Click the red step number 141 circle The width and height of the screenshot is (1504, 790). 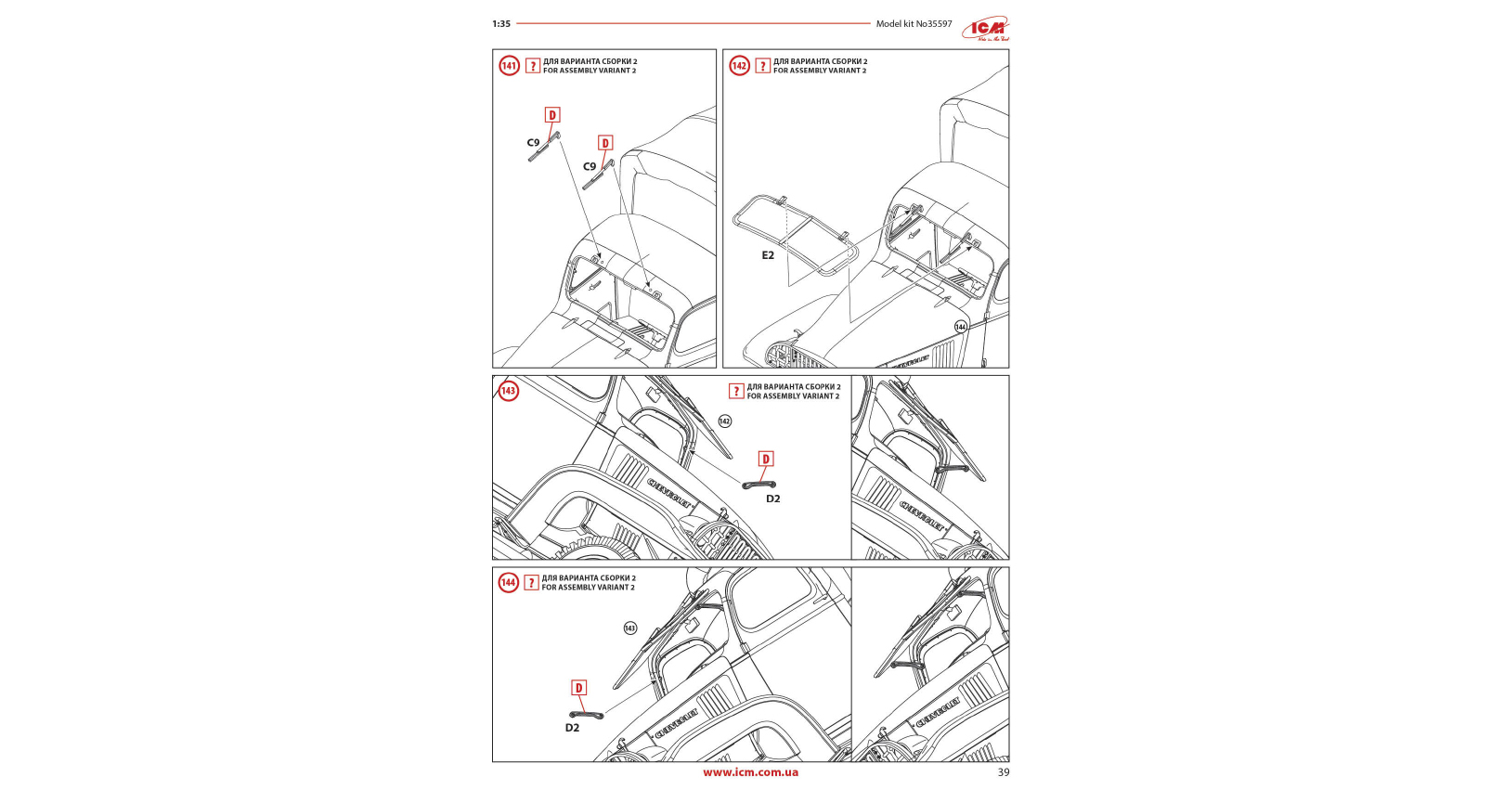point(509,66)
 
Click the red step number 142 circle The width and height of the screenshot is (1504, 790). point(739,66)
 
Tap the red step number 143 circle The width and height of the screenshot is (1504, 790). point(508,391)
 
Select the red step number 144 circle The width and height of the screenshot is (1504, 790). point(508,583)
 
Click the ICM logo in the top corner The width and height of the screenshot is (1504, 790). point(986,29)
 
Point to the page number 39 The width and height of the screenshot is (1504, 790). point(1003,772)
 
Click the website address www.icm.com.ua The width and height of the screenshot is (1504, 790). point(750,772)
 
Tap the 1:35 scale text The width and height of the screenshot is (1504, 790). point(501,24)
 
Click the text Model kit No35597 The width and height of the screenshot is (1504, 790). point(914,24)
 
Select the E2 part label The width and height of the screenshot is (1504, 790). point(768,255)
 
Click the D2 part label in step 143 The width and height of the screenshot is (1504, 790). point(772,499)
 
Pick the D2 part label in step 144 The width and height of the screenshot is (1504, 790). point(572,728)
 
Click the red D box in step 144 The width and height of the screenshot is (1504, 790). point(578,688)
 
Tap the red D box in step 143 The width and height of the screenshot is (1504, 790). point(766,459)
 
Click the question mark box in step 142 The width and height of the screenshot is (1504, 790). point(762,66)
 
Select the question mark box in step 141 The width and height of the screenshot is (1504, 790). point(533,66)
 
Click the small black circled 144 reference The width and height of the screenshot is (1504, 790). point(960,327)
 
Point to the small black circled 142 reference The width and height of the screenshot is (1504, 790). point(724,421)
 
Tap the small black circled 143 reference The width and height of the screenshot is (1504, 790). point(629,628)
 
